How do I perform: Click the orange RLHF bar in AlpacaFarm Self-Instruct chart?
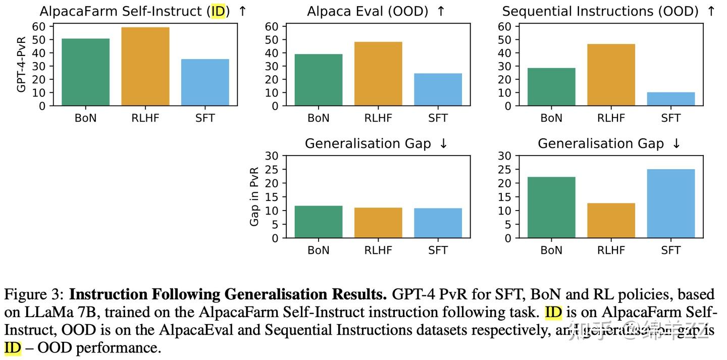pos(145,67)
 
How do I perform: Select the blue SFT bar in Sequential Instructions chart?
pos(670,99)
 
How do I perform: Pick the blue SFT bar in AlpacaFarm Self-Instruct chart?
pos(205,82)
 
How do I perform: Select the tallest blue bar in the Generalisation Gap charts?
pos(670,203)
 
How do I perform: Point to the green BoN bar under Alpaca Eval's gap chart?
pos(319,222)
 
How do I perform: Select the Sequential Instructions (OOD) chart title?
pos(601,11)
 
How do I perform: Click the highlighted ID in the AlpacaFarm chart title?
pos(218,11)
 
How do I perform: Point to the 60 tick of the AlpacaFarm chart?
pos(39,26)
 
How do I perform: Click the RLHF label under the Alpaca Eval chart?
pos(378,118)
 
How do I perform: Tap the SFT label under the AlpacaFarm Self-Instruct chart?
pos(205,118)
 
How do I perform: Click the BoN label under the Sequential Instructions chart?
pos(551,118)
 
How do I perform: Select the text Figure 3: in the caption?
pos(33,294)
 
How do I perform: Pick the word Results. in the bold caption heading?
pos(359,294)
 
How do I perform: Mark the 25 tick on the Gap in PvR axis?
pos(272,169)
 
